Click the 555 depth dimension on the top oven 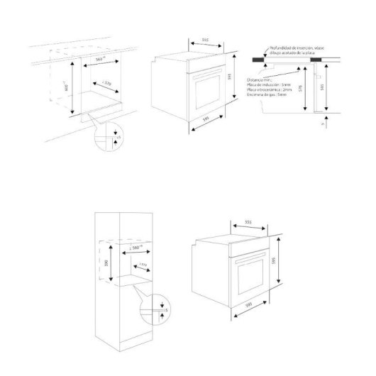click(204, 40)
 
